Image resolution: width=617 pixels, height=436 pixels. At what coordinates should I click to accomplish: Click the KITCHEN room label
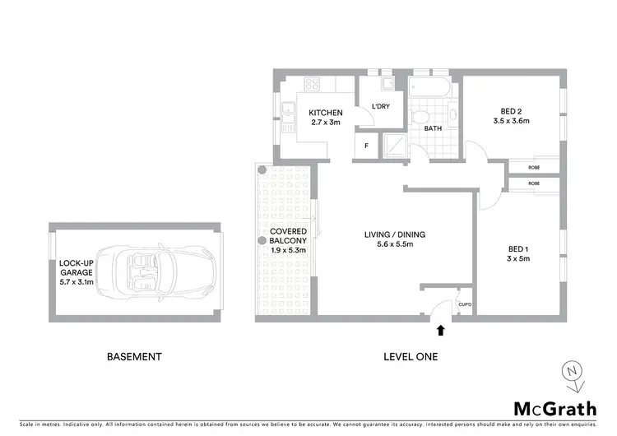point(325,113)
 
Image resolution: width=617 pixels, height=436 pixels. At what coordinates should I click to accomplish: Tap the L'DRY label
point(380,107)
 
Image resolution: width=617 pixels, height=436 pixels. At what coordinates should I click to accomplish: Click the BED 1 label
point(517,249)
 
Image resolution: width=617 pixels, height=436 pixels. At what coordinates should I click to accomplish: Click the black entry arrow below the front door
point(440,331)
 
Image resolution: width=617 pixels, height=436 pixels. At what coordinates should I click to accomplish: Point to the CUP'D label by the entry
point(465,304)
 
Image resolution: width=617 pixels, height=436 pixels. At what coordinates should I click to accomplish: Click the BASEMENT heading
point(134,357)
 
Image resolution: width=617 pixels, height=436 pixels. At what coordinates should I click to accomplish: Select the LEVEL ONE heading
point(411,357)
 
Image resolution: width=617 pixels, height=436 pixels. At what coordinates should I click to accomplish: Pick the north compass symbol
point(571,375)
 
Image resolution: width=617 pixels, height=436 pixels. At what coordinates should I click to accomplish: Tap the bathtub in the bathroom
point(429,86)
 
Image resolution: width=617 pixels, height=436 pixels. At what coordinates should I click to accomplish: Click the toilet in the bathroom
point(420,116)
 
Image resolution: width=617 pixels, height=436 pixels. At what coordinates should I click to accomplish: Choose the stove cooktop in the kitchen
point(313,83)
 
